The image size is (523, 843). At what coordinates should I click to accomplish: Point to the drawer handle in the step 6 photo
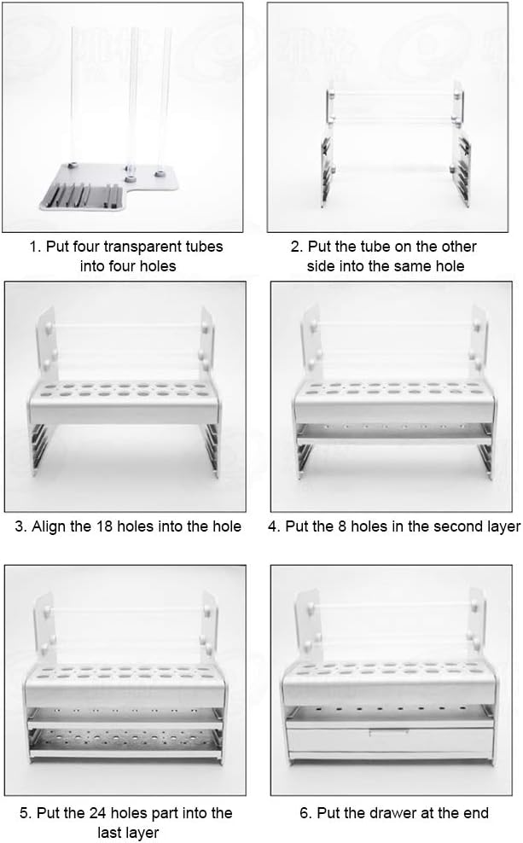[x=388, y=731]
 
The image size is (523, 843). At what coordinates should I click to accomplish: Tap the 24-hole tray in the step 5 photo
[x=125, y=741]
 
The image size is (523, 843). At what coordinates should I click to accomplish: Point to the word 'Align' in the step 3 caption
[x=49, y=526]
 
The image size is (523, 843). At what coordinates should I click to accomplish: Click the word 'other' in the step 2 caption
[x=459, y=247]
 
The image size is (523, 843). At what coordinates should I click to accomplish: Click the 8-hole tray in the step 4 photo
[x=393, y=433]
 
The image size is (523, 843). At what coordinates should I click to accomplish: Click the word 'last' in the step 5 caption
[x=110, y=832]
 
